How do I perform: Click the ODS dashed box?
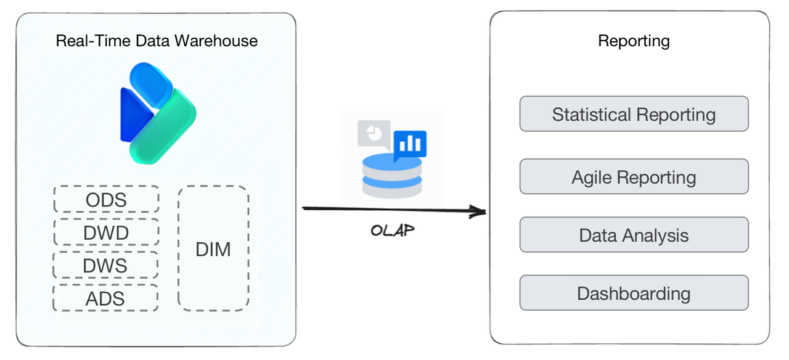click(106, 199)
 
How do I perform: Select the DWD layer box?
click(106, 232)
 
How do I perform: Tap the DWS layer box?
click(106, 265)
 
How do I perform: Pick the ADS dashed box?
click(106, 298)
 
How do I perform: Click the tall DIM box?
click(213, 248)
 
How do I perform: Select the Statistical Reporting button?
click(634, 114)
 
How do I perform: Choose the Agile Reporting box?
click(634, 177)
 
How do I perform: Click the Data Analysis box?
click(634, 235)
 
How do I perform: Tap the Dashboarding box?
click(634, 293)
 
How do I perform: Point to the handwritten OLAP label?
click(392, 231)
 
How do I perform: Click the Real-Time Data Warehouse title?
click(157, 41)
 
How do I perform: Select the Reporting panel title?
click(634, 41)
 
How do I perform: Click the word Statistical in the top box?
click(592, 114)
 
